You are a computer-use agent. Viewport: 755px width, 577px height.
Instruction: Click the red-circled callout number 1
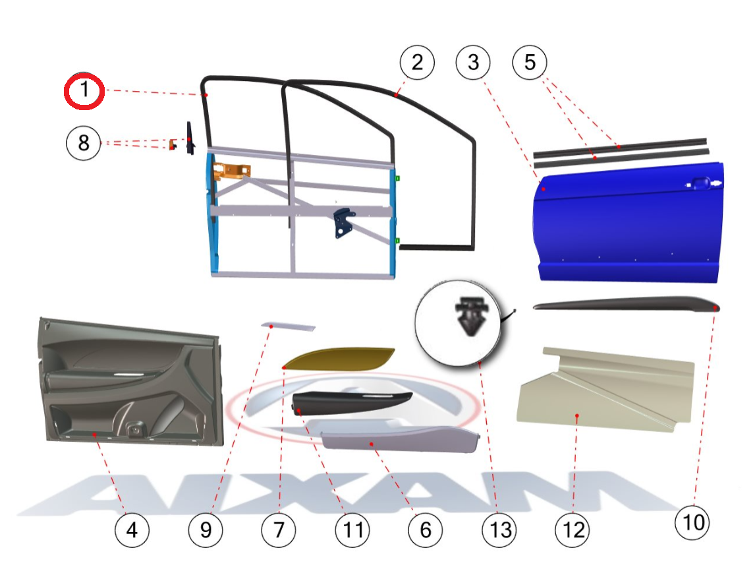pos(84,91)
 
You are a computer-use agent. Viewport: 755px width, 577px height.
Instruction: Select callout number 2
pos(417,63)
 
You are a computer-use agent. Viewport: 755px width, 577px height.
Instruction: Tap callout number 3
pos(473,63)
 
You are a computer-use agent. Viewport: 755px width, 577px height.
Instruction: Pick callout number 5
pos(530,62)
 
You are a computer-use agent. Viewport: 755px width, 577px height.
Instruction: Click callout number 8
pos(83,143)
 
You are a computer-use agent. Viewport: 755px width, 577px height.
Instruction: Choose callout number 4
pos(132,530)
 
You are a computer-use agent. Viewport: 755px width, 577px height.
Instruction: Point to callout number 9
pos(206,530)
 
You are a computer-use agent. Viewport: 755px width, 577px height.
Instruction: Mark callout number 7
pos(279,530)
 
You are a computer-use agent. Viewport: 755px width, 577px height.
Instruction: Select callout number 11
pos(352,530)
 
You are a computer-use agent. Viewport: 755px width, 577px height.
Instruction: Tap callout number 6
pos(425,530)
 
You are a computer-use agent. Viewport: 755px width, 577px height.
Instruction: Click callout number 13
pos(500,530)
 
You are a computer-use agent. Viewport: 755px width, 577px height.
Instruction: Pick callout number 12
pos(573,530)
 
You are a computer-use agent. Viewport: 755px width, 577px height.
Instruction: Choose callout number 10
pos(693,522)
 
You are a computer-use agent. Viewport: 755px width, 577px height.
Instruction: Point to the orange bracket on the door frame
pos(231,171)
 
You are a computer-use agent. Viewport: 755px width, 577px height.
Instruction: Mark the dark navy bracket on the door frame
pos(343,222)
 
